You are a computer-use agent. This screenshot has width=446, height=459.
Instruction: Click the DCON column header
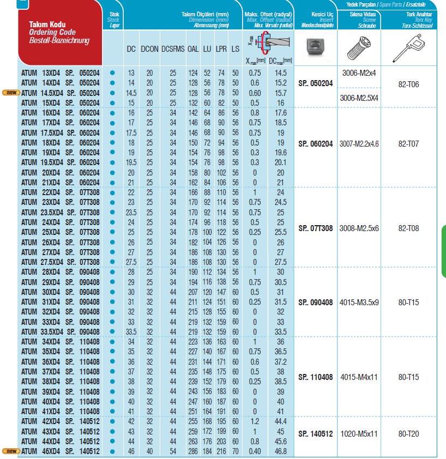149,49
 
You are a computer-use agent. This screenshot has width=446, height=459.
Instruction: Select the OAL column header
193,49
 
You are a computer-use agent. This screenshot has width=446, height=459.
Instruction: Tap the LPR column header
221,49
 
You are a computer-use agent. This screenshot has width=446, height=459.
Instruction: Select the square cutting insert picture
315,48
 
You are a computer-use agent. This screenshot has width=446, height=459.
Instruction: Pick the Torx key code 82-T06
408,84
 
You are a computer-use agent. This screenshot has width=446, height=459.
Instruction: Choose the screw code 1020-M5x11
359,434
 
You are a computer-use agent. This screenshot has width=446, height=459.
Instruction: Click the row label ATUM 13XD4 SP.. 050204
61,73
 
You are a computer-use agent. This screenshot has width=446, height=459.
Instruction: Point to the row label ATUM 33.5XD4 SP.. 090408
61,331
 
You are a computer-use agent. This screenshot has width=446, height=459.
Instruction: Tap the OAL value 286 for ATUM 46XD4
193,451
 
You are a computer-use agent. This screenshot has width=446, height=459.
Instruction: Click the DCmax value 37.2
281,361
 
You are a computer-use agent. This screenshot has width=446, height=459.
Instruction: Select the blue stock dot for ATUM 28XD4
112,272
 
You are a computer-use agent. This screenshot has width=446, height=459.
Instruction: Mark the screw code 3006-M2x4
359,73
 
